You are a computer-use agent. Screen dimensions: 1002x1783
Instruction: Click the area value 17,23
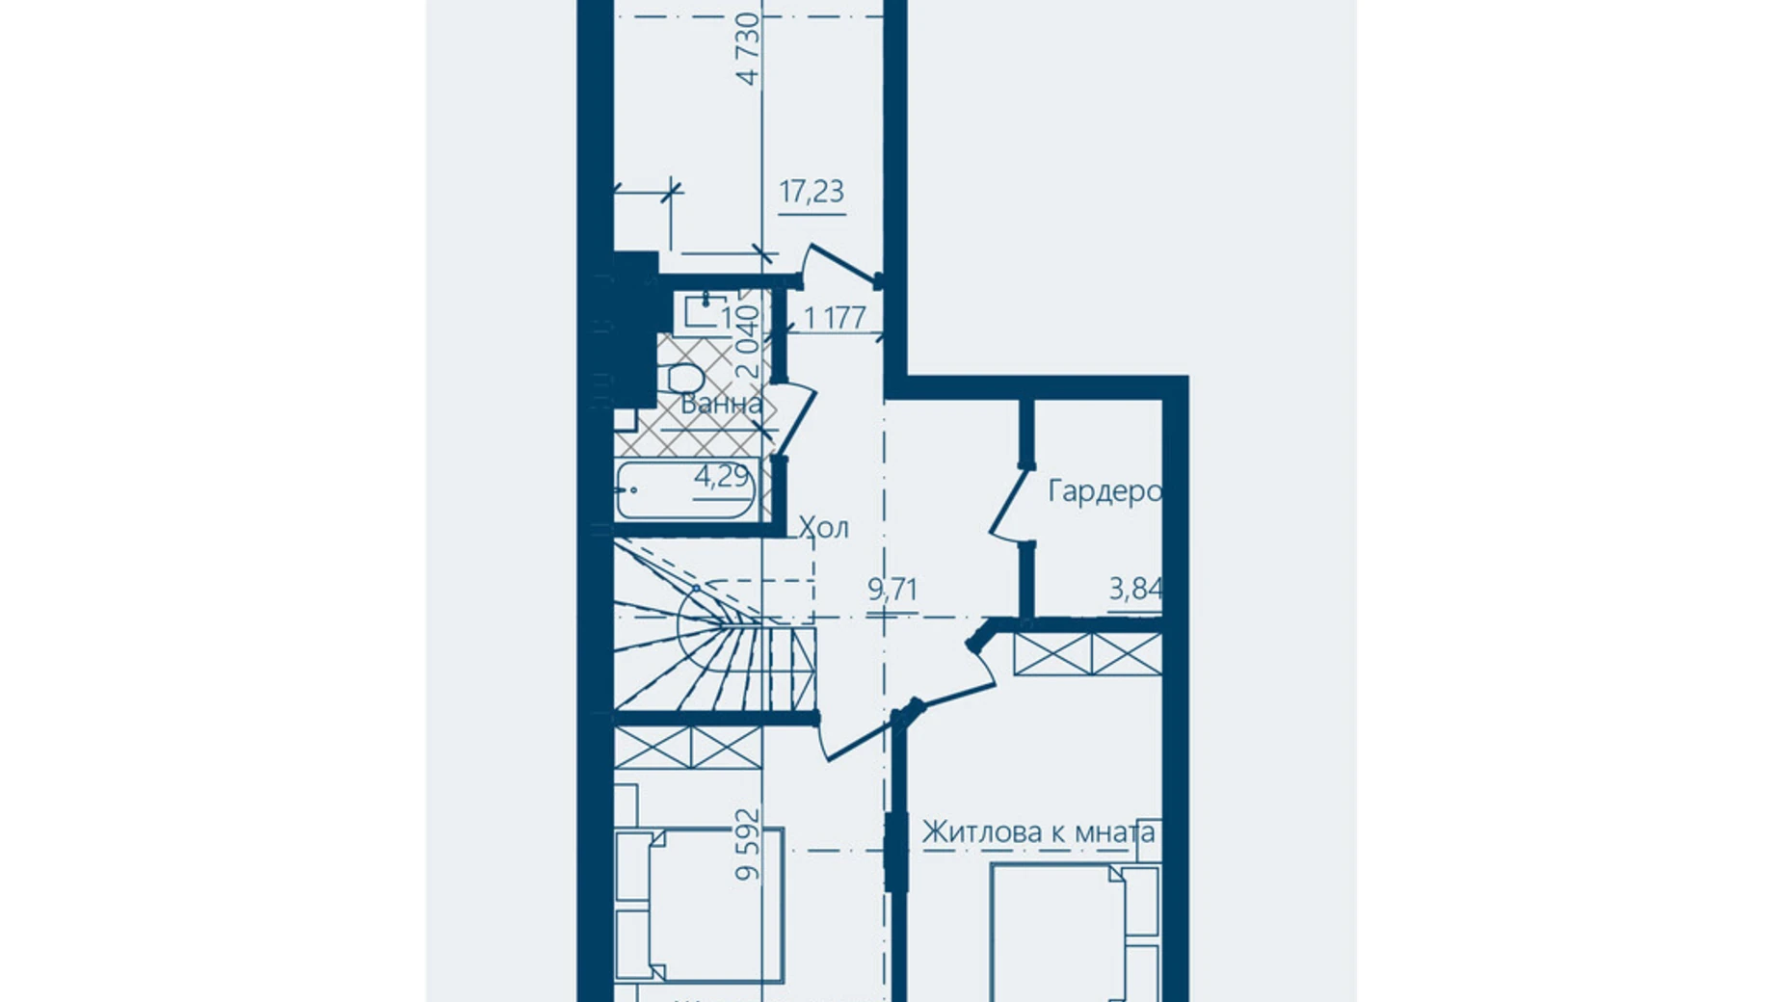point(812,192)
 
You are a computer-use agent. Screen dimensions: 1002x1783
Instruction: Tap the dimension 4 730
point(749,48)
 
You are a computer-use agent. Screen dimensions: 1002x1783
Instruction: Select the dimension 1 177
point(835,317)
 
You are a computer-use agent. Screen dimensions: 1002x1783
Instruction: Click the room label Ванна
point(721,405)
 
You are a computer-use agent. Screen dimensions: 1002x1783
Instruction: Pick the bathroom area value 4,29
point(722,476)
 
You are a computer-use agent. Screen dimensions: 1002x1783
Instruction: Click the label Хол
point(824,527)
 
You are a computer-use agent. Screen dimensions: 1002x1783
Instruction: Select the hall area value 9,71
point(892,589)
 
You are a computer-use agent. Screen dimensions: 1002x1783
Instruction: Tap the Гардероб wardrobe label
point(1104,491)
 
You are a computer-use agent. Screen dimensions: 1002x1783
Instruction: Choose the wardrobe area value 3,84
point(1135,588)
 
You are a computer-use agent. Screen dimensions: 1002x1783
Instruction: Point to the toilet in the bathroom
point(684,378)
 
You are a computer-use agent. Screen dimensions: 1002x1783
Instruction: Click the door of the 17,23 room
point(840,265)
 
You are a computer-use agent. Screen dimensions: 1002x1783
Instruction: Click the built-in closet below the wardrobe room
point(1087,654)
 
